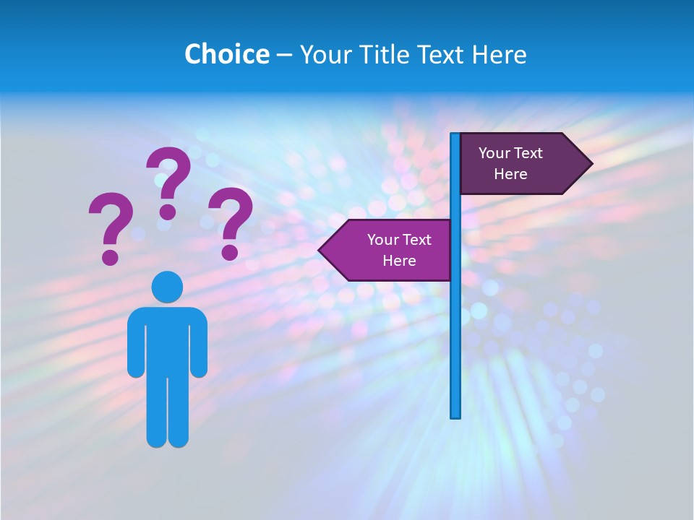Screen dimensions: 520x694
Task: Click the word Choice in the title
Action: tap(226, 54)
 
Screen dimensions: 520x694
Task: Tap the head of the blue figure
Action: tap(167, 287)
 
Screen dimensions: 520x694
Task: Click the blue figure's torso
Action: tap(167, 339)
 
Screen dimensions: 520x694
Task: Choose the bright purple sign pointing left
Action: tap(390, 250)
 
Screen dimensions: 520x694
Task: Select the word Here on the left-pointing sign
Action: tap(399, 261)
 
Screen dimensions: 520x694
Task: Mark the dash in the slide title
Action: tap(284, 56)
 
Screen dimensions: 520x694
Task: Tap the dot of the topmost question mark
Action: tap(168, 212)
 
